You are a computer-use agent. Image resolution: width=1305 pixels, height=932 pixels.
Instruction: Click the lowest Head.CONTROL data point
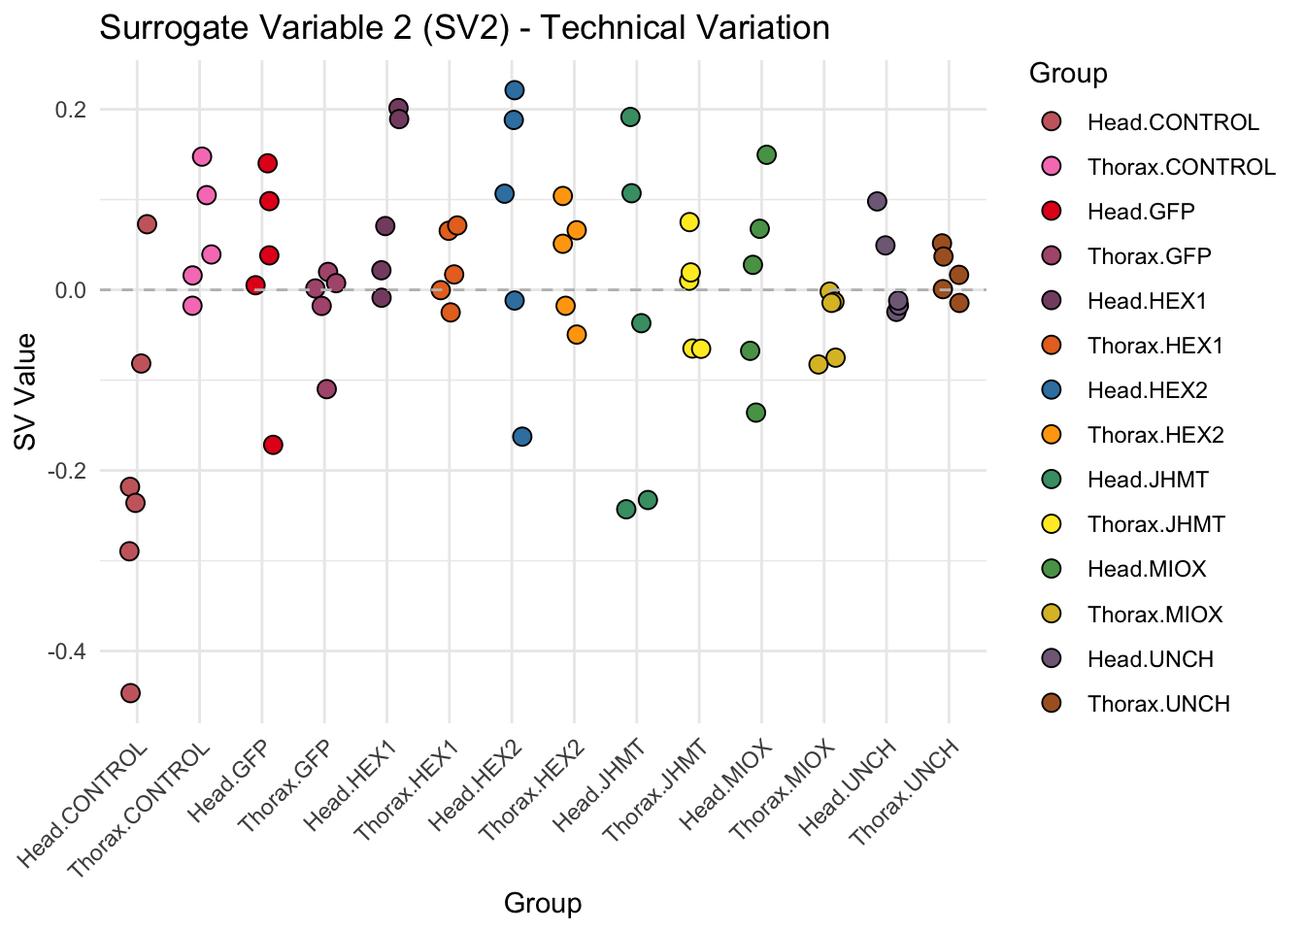[130, 693]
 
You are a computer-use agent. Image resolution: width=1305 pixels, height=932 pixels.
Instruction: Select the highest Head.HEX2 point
[515, 90]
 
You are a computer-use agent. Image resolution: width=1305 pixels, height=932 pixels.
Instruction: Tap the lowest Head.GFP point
[273, 445]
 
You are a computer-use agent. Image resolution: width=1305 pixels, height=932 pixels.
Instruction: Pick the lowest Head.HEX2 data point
[522, 437]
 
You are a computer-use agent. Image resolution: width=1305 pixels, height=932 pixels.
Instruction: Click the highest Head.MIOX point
[766, 154]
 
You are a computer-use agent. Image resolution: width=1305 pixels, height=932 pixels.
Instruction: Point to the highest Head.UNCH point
[877, 201]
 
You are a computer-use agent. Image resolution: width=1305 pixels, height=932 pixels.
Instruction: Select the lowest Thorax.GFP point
[326, 389]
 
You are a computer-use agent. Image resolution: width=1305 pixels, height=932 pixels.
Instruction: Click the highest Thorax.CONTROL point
[202, 156]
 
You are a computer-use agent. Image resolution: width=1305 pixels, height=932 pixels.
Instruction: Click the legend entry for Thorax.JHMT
[1155, 525]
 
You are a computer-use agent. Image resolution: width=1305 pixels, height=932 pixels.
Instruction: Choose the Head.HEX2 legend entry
[1147, 391]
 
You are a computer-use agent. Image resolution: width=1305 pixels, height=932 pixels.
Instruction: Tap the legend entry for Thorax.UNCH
[1158, 704]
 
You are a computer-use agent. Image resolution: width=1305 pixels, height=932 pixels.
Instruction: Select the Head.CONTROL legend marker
[1050, 122]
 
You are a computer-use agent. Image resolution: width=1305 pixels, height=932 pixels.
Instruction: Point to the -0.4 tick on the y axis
[67, 651]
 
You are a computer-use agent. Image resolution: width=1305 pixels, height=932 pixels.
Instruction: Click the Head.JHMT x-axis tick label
[600, 785]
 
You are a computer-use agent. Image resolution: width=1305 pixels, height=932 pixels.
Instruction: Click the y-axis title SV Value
[26, 391]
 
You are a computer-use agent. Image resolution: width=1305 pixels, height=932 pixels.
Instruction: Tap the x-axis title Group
[542, 904]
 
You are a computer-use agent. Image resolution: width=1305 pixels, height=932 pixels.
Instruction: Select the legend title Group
[1068, 74]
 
